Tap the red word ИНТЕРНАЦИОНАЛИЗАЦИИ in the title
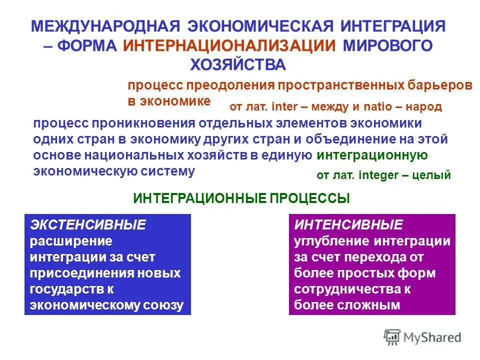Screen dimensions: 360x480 tap(229, 45)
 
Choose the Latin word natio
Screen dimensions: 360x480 tap(378, 106)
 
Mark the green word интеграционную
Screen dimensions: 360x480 tap(372, 155)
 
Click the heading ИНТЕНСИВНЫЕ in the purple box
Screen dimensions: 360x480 tap(348, 225)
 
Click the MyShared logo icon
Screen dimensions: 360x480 tap(392, 337)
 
